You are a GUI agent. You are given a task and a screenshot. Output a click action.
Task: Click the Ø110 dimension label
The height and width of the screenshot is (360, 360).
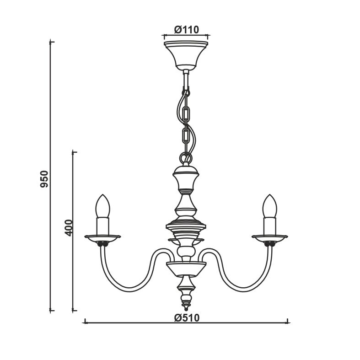(186, 30)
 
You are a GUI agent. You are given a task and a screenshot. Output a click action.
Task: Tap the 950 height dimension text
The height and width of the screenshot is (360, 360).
(44, 179)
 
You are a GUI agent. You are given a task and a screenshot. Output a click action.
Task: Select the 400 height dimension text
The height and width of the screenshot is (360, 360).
(69, 228)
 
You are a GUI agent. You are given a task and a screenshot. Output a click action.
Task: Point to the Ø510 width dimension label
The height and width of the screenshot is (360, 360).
(187, 318)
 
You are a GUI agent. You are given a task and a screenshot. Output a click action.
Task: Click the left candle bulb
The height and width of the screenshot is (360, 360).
(102, 206)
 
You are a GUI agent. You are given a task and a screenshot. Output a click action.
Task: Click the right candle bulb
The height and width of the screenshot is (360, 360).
(270, 206)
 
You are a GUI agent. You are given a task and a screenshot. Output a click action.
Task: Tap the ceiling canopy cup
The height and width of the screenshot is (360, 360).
(186, 55)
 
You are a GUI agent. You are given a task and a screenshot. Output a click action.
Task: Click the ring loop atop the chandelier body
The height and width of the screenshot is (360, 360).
(186, 158)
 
